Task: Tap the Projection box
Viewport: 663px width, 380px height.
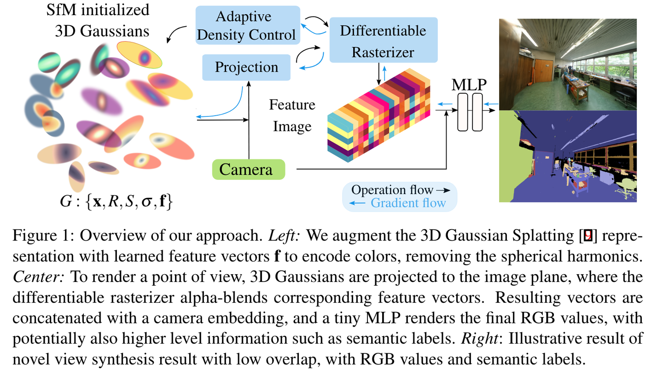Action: pos(246,68)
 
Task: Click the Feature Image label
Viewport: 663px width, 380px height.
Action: pos(293,115)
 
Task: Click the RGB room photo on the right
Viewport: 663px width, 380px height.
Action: pos(568,64)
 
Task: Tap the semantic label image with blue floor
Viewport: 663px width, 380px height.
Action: pos(568,156)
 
